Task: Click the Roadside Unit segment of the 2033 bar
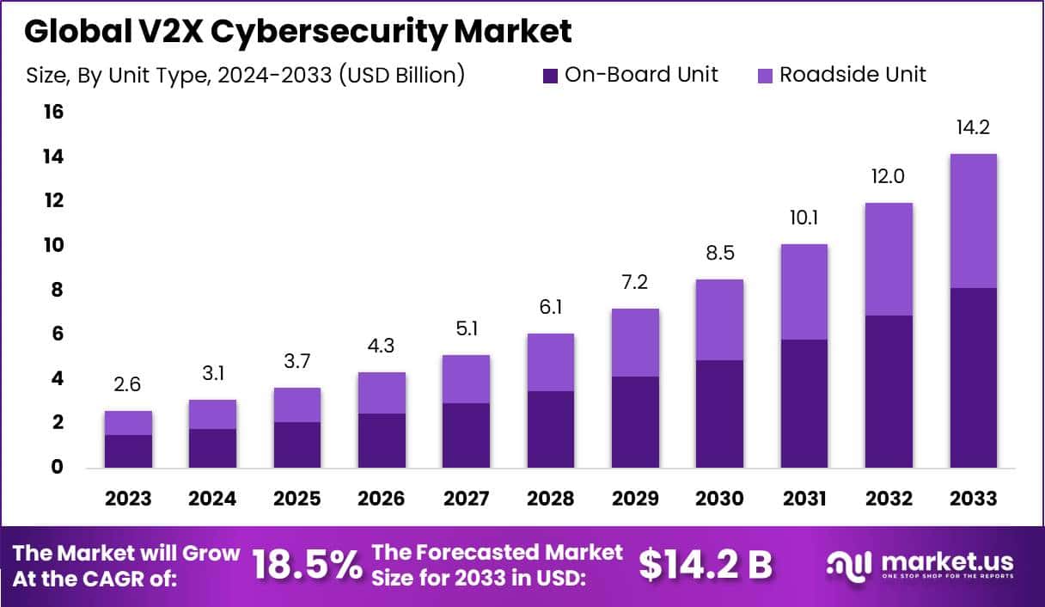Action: click(x=974, y=221)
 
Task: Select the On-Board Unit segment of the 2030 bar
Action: click(x=719, y=414)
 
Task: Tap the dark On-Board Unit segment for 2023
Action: click(x=129, y=451)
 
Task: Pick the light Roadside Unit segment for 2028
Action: click(x=550, y=362)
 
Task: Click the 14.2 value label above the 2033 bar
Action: click(x=974, y=128)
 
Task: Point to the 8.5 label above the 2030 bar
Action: click(x=719, y=254)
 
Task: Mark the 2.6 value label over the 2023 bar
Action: click(x=129, y=384)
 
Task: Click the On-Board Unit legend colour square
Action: click(x=551, y=76)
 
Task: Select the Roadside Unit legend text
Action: click(x=852, y=75)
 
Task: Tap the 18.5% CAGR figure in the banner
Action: click(x=307, y=566)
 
